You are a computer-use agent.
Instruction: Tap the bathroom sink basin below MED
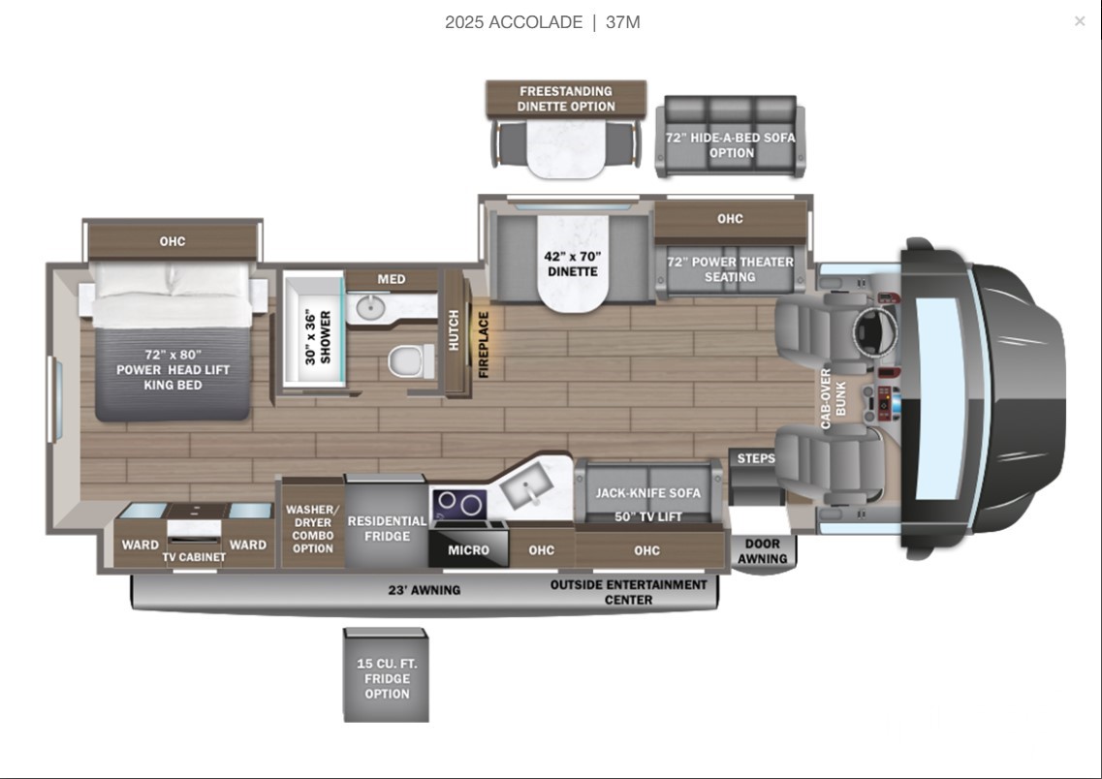(368, 307)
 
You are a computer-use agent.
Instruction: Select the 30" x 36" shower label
(318, 338)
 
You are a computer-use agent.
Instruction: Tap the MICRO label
(469, 550)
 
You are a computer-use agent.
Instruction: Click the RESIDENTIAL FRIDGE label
(387, 528)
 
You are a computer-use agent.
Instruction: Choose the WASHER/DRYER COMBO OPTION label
(313, 528)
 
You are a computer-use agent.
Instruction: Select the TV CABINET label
(194, 557)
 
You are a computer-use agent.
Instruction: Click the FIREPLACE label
(484, 344)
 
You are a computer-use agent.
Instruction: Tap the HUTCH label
(454, 330)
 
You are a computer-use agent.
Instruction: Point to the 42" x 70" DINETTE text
(573, 265)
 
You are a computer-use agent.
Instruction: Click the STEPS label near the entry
(756, 458)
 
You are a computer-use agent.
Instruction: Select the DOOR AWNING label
(763, 550)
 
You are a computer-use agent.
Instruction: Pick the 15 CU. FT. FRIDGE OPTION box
(386, 675)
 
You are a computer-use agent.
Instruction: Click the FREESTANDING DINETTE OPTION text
(566, 98)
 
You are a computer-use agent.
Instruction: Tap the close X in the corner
(1080, 21)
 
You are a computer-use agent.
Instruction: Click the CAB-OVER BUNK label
(834, 398)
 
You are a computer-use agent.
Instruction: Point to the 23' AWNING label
(425, 590)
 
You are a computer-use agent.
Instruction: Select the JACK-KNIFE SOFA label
(648, 493)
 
